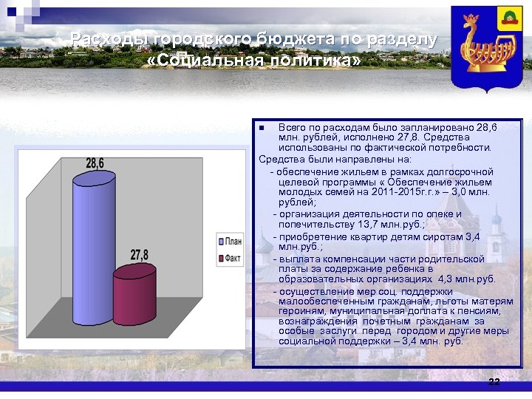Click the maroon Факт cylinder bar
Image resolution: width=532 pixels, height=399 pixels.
tap(134, 296)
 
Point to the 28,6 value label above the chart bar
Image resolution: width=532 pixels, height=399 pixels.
tap(95, 163)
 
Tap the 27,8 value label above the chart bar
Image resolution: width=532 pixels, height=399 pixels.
tap(140, 255)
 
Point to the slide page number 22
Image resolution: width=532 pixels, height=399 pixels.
tap(494, 381)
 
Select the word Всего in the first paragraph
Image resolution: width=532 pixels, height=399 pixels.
tap(293, 128)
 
